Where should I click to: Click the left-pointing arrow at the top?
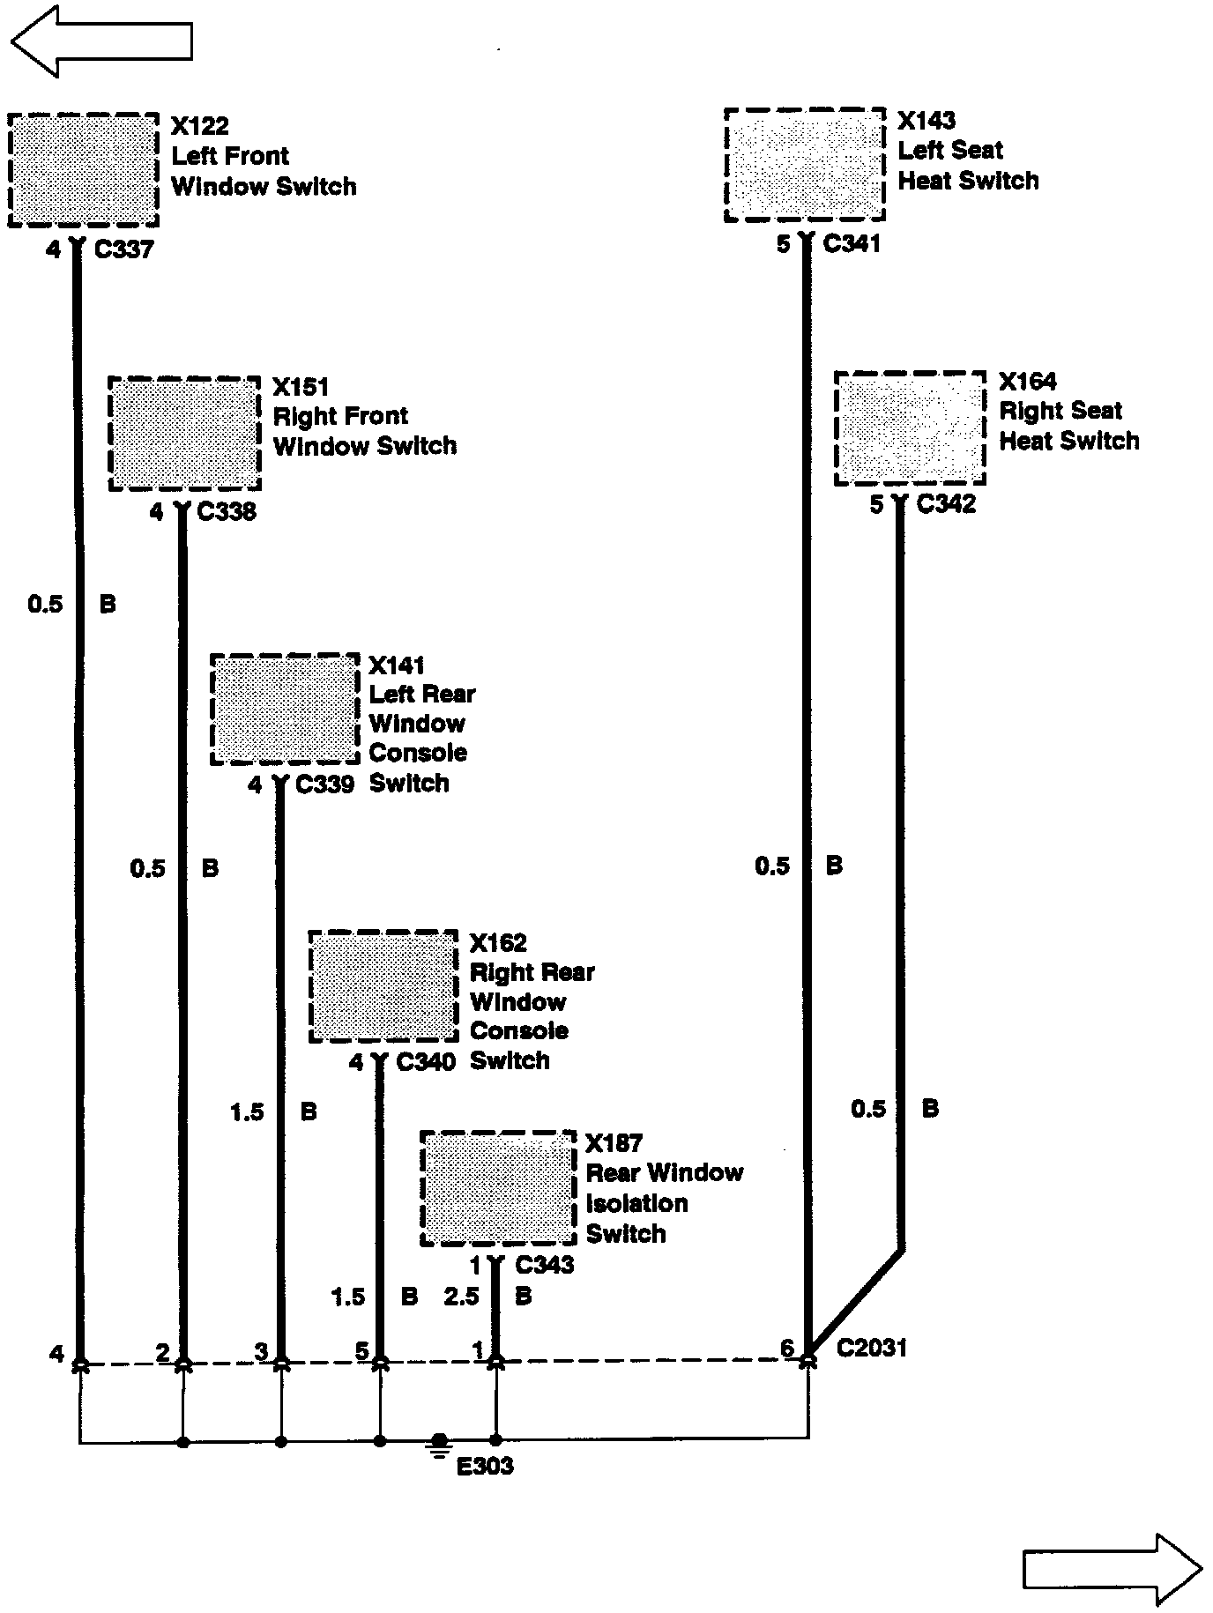tap(100, 41)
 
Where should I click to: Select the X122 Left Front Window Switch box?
tap(84, 170)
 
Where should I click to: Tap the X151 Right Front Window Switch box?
tap(184, 434)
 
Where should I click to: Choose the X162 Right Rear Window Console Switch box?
tap(383, 986)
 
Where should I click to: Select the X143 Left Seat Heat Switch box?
tap(804, 165)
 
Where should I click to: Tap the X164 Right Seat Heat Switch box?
tap(910, 427)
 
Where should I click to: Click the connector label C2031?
tap(871, 1348)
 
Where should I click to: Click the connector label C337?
tap(124, 250)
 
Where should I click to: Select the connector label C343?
tap(544, 1265)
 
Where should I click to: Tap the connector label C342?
tap(946, 504)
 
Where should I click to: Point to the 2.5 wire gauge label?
tap(461, 1297)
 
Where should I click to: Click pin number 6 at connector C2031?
tap(786, 1348)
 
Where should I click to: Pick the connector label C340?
tap(426, 1061)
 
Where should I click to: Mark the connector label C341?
tap(852, 244)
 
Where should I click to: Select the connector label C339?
tap(324, 784)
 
